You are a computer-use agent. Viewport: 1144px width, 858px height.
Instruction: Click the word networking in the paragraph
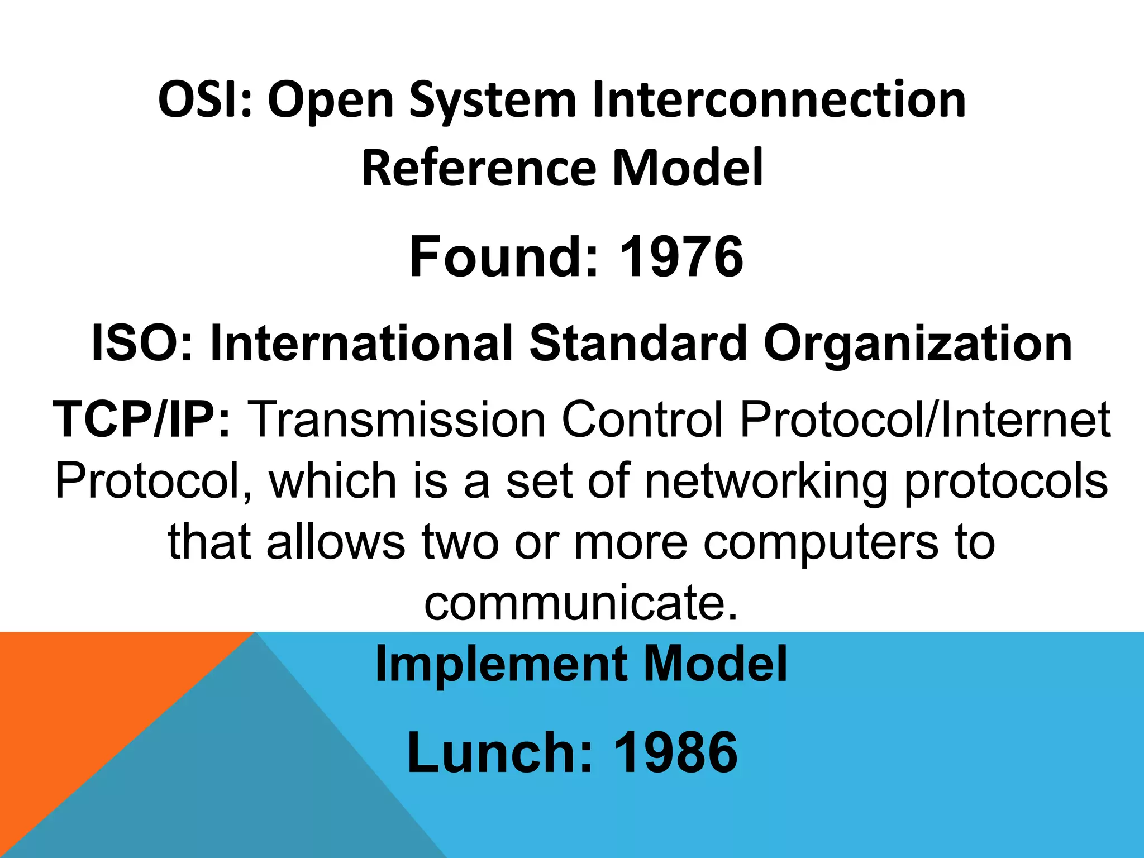(766, 482)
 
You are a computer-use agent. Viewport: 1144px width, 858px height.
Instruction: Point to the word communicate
(580, 603)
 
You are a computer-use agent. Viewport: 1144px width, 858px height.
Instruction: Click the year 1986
(676, 753)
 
